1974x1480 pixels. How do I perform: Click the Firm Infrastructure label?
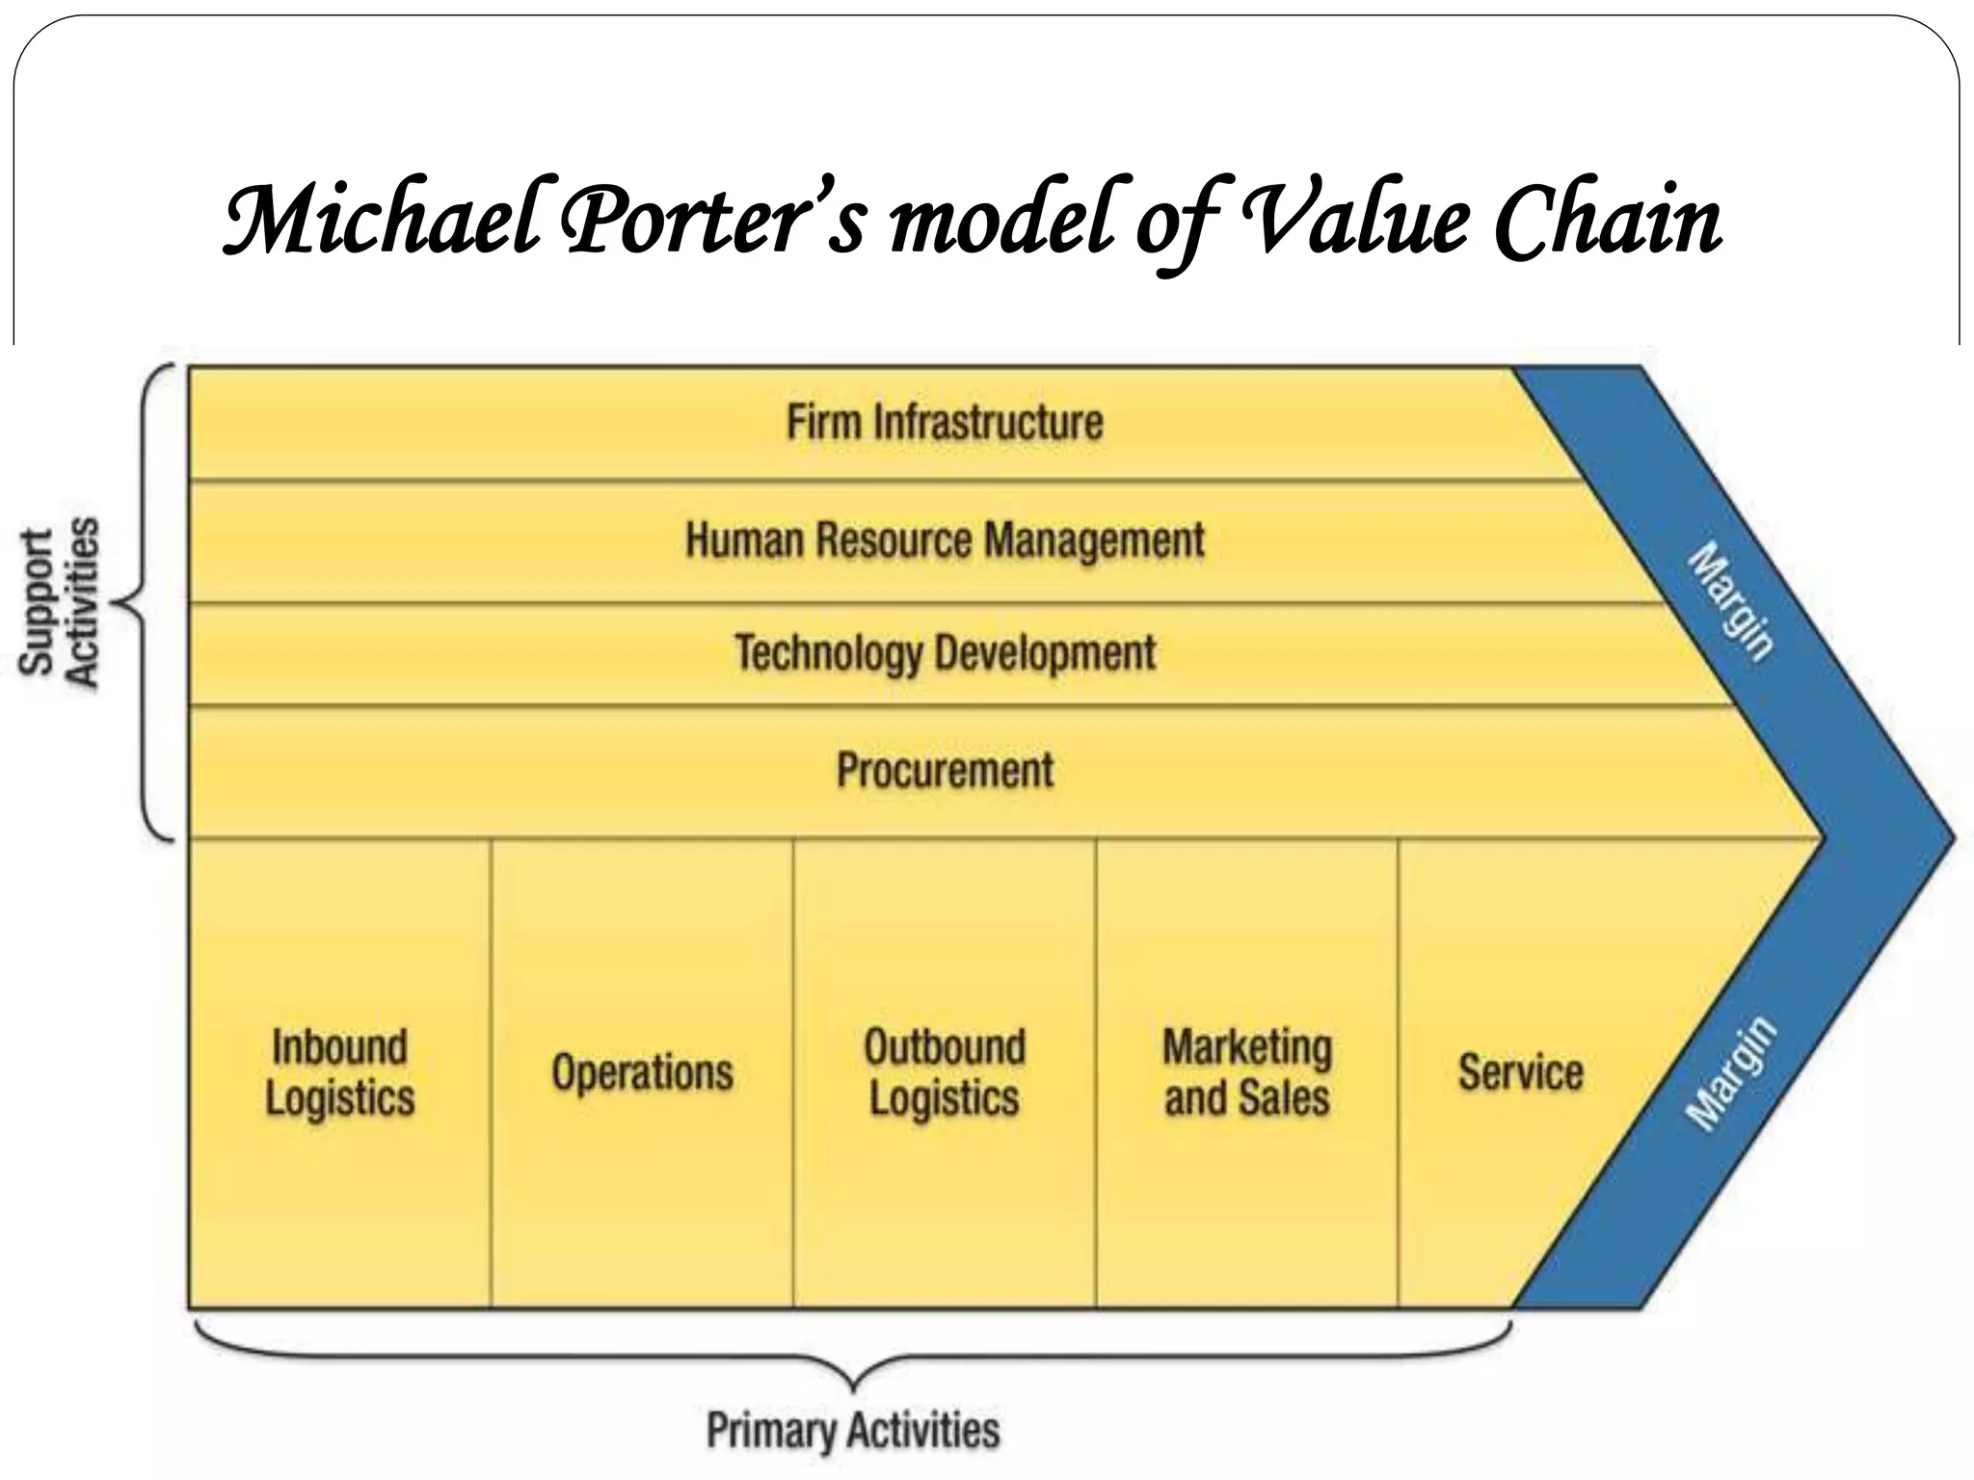pos(945,423)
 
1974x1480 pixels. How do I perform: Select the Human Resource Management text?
pos(945,540)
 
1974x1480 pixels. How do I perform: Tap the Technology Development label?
pos(945,653)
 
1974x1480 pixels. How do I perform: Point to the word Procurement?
pos(945,770)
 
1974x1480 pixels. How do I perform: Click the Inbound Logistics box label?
pos(339,1072)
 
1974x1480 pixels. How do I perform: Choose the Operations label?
pos(642,1072)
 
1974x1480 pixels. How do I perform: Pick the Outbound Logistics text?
pos(945,1072)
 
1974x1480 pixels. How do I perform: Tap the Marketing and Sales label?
pos(1247,1072)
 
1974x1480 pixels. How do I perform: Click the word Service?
pos(1520,1072)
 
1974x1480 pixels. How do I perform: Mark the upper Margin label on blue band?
pos(1732,601)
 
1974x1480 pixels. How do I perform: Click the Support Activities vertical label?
pos(60,603)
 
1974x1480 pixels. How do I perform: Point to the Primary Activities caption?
pos(853,1430)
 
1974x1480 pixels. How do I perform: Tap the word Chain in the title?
pos(1607,222)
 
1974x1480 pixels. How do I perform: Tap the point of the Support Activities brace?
pos(118,604)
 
